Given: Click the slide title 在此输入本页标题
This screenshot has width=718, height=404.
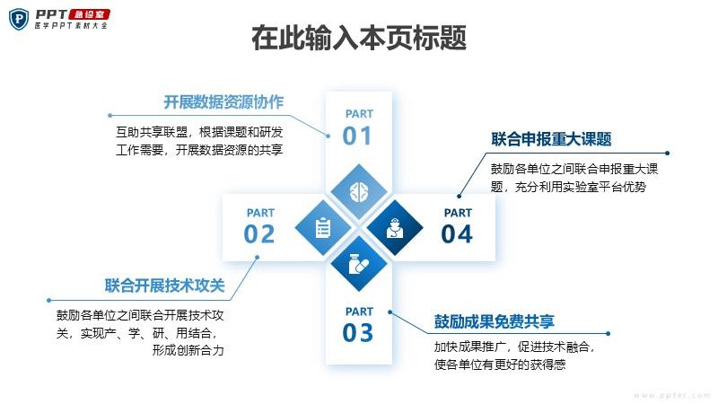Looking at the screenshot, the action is point(359,38).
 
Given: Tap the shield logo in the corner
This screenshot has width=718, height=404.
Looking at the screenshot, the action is point(19,19).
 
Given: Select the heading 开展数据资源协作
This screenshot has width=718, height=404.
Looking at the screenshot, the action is point(223,101).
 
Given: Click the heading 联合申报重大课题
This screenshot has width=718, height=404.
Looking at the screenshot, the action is point(551,139).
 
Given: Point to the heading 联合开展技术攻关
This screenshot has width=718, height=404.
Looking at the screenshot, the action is point(165,285).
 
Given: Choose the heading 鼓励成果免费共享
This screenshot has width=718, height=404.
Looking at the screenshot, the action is point(495,321).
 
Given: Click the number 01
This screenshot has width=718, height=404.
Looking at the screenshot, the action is point(357,136).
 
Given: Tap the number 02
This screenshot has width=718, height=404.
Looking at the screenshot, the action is point(259,234).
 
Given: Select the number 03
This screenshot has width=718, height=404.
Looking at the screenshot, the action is point(357,332).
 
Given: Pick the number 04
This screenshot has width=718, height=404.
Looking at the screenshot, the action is point(457,234).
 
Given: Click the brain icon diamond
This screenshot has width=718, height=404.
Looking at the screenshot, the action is point(359,192).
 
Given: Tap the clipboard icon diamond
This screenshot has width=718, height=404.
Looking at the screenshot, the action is point(323,228).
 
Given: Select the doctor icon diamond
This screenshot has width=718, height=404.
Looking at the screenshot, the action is point(395,228).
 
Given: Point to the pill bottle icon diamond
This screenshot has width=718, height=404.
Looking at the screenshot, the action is point(359,264).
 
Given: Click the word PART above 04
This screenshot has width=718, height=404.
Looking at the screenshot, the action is point(458,213).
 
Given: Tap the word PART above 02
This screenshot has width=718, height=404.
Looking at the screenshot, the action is point(260,213).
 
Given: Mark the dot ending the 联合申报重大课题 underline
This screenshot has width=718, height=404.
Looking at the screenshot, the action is point(667,153).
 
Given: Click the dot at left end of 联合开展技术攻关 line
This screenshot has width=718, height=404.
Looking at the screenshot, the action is point(49,301).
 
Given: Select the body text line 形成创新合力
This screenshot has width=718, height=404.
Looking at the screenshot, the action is point(188,350).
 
